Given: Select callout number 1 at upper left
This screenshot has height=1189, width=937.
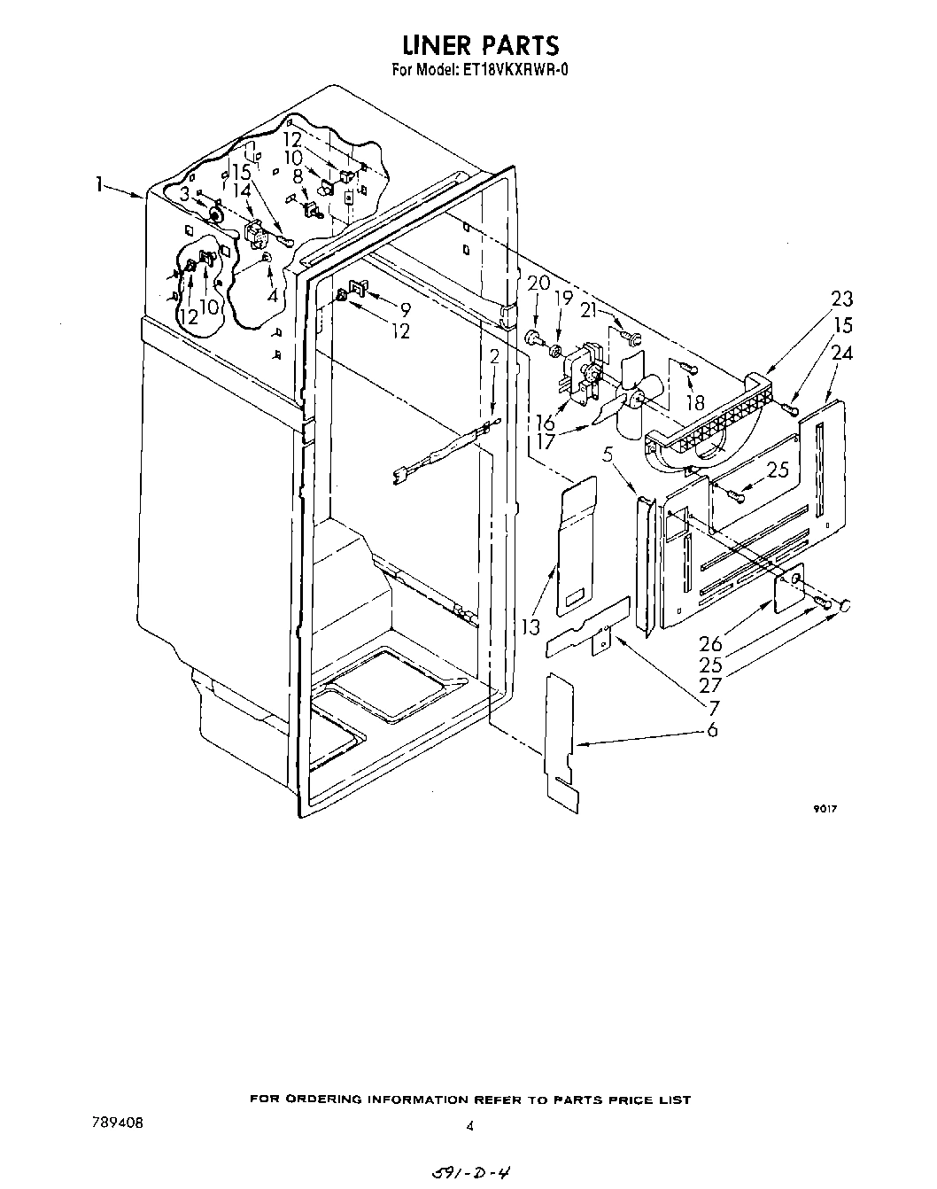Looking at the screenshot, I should [x=101, y=185].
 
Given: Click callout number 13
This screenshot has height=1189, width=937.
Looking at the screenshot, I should [x=530, y=628].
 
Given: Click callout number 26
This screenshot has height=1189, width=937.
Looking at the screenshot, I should [x=711, y=645].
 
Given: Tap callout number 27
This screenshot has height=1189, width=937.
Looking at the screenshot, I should [x=711, y=686].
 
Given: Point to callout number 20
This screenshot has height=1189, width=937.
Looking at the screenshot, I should [x=538, y=284].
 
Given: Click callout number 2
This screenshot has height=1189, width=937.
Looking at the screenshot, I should [x=494, y=356].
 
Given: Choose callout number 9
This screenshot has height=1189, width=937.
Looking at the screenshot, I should [x=405, y=310].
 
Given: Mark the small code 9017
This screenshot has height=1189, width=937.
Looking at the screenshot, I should [x=825, y=809].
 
